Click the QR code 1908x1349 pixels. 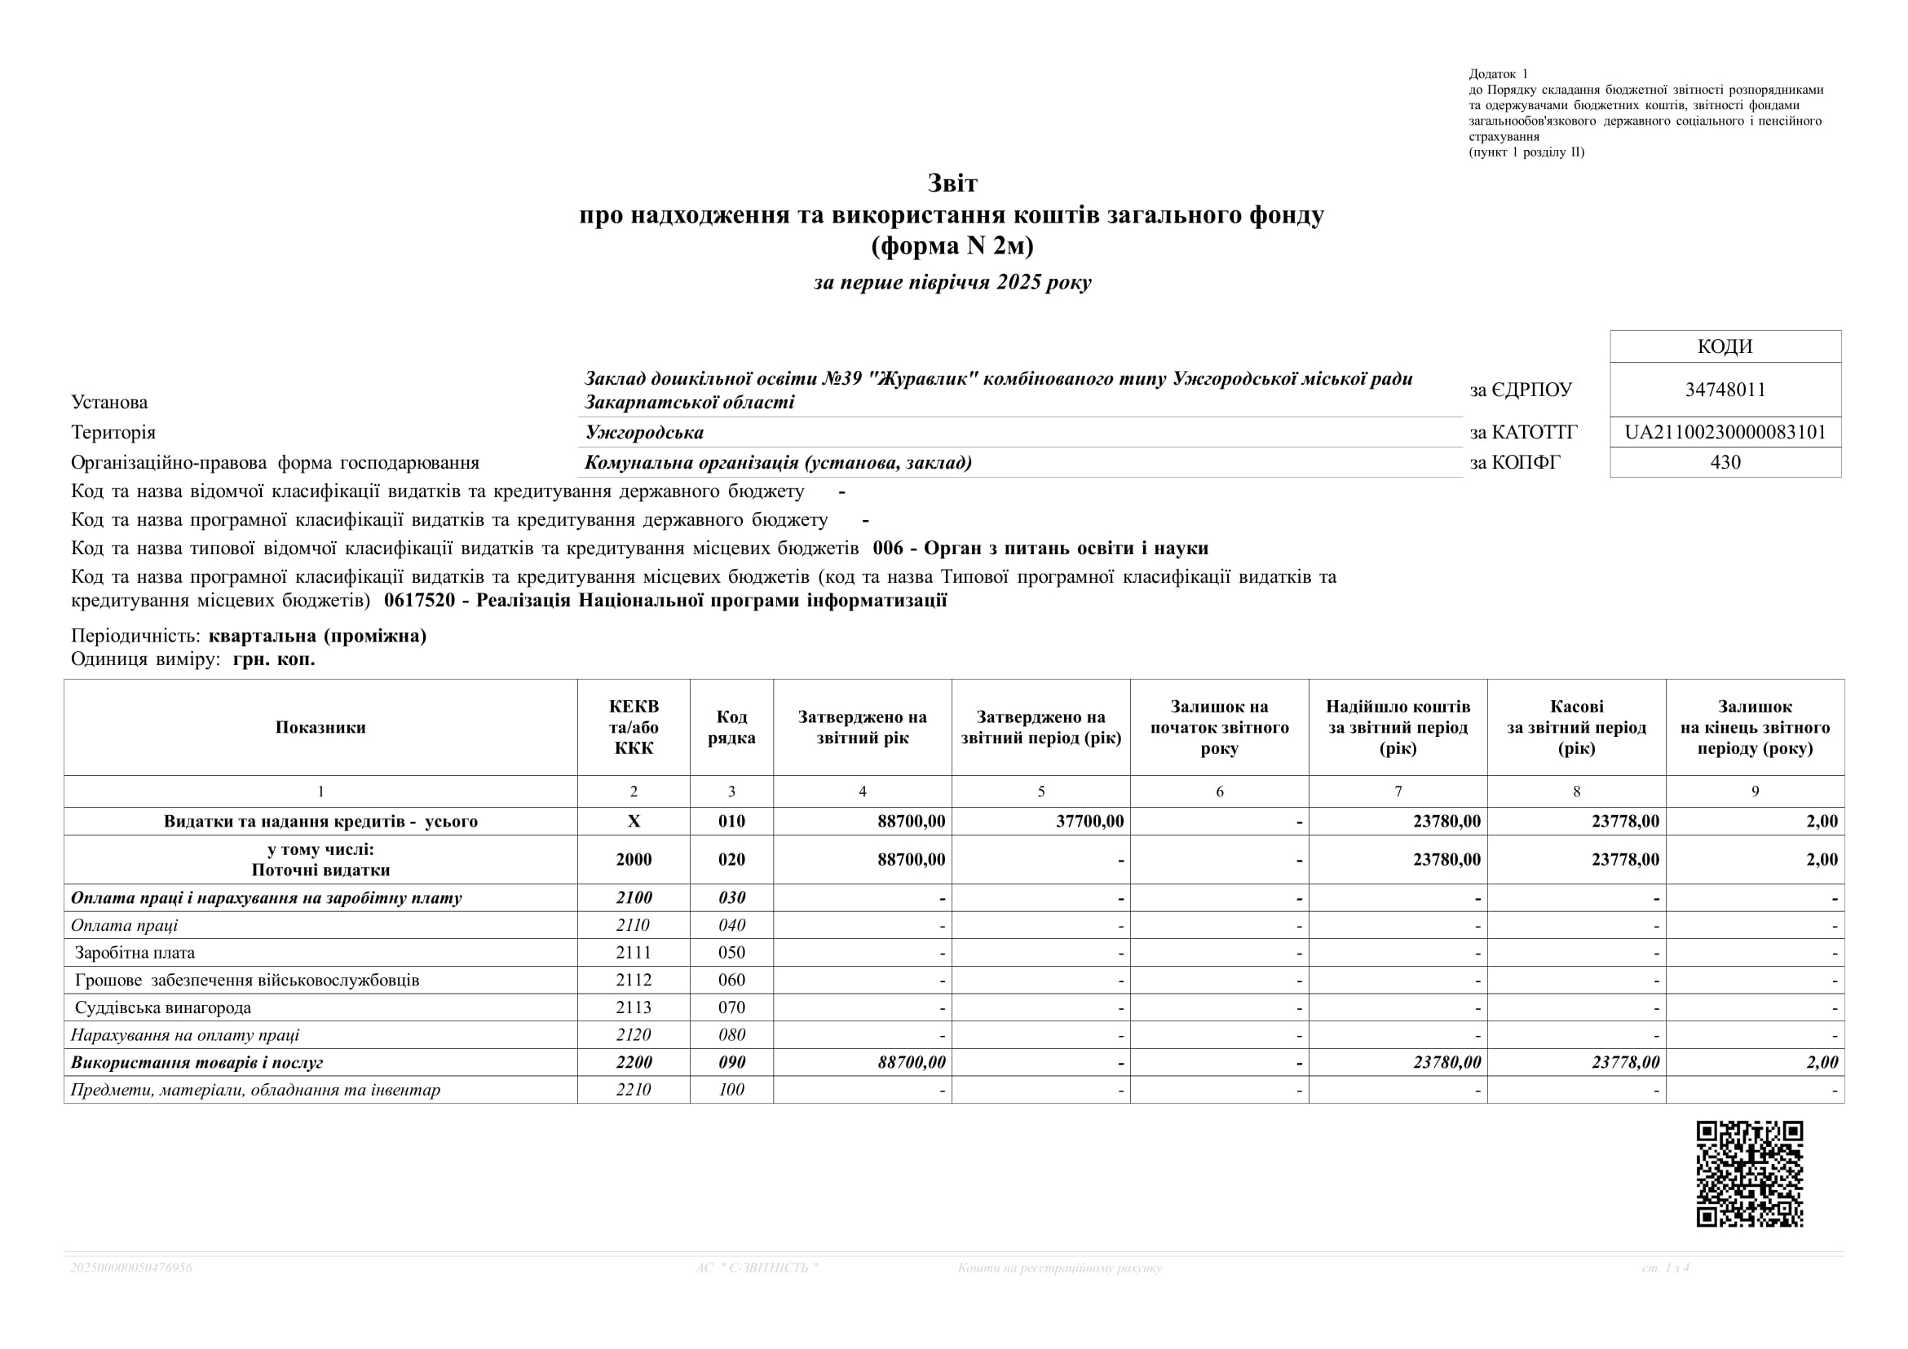click(x=1749, y=1174)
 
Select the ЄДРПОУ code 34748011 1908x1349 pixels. click(x=1725, y=390)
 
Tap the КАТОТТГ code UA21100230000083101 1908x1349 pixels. click(x=1725, y=433)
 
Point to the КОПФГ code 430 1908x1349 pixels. click(x=1725, y=463)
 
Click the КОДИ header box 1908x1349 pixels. click(x=1725, y=346)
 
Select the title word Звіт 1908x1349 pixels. click(x=952, y=183)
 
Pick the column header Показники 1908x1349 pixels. click(x=320, y=728)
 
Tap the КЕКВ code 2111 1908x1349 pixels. click(x=634, y=953)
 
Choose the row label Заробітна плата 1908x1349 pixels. click(x=135, y=953)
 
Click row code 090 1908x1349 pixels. click(x=731, y=1062)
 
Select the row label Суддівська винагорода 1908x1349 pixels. click(x=163, y=1007)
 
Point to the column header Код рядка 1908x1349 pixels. click(x=731, y=728)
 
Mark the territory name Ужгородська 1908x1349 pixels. click(x=644, y=433)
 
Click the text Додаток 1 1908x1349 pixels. click(x=1499, y=74)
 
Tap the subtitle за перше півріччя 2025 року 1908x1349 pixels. click(x=952, y=282)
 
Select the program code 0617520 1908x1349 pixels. click(x=420, y=601)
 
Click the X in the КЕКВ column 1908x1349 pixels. click(x=634, y=822)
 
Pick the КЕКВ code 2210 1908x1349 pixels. click(x=634, y=1090)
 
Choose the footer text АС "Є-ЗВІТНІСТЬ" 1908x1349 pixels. click(x=756, y=1267)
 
